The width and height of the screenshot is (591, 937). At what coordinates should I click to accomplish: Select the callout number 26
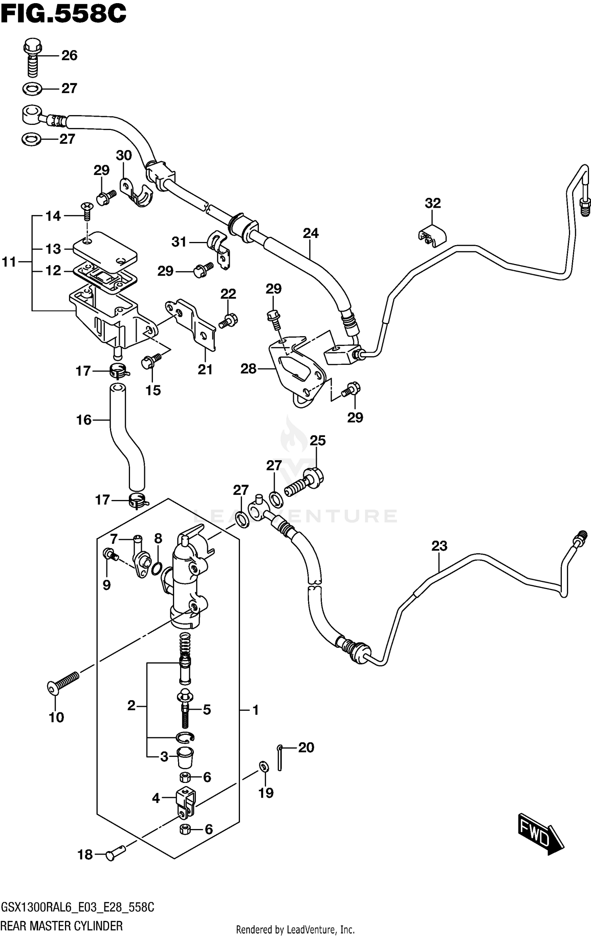tap(69, 56)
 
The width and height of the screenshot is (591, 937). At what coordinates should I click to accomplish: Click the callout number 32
tap(433, 203)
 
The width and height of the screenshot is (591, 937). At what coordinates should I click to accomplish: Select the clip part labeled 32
tap(432, 236)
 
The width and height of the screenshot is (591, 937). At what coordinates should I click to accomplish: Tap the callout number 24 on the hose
tap(310, 233)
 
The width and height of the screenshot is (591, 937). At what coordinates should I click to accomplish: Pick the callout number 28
tap(248, 369)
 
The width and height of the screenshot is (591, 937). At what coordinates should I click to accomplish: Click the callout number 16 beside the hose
tap(84, 420)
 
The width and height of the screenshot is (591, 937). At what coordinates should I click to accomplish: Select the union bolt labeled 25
tap(305, 484)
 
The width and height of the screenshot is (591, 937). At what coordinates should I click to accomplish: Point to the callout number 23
tap(439, 546)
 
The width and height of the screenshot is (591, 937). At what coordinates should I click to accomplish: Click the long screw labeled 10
tap(63, 682)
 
